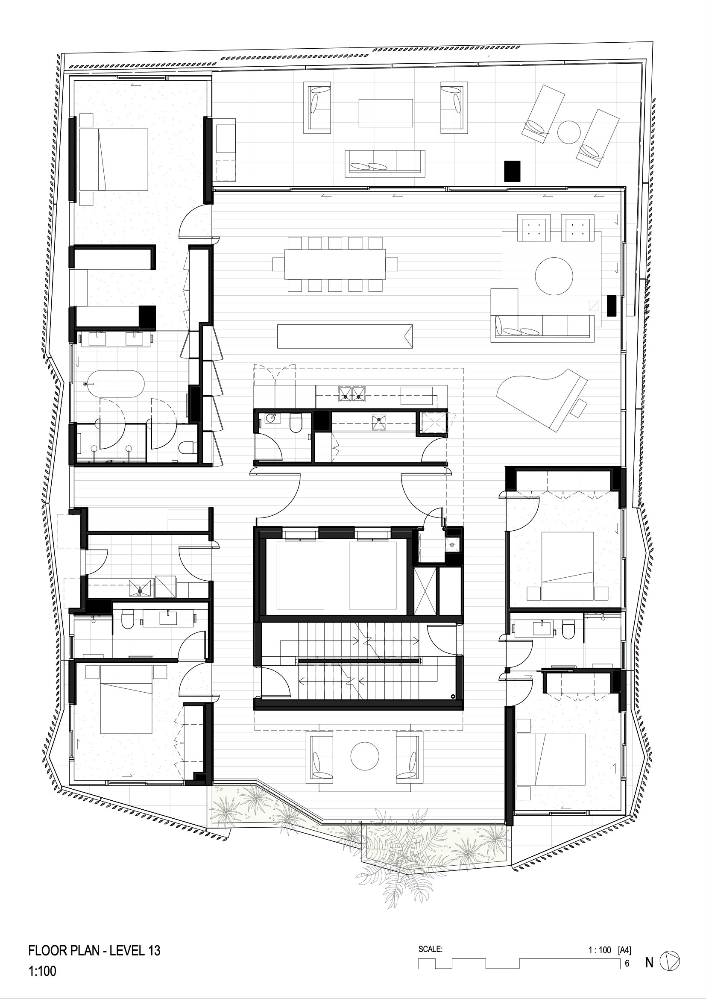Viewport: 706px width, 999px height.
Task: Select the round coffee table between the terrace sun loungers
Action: [x=569, y=131]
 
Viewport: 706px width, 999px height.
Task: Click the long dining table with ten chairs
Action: [x=335, y=264]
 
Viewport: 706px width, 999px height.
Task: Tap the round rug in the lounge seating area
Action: [x=554, y=276]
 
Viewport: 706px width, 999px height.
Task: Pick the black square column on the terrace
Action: [x=512, y=171]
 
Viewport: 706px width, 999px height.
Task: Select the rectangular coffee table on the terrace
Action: [x=385, y=113]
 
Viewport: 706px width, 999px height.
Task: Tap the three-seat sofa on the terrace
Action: [x=385, y=164]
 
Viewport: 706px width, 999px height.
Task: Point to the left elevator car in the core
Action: [x=300, y=575]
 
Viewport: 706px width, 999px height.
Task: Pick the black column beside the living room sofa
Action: [x=612, y=306]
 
